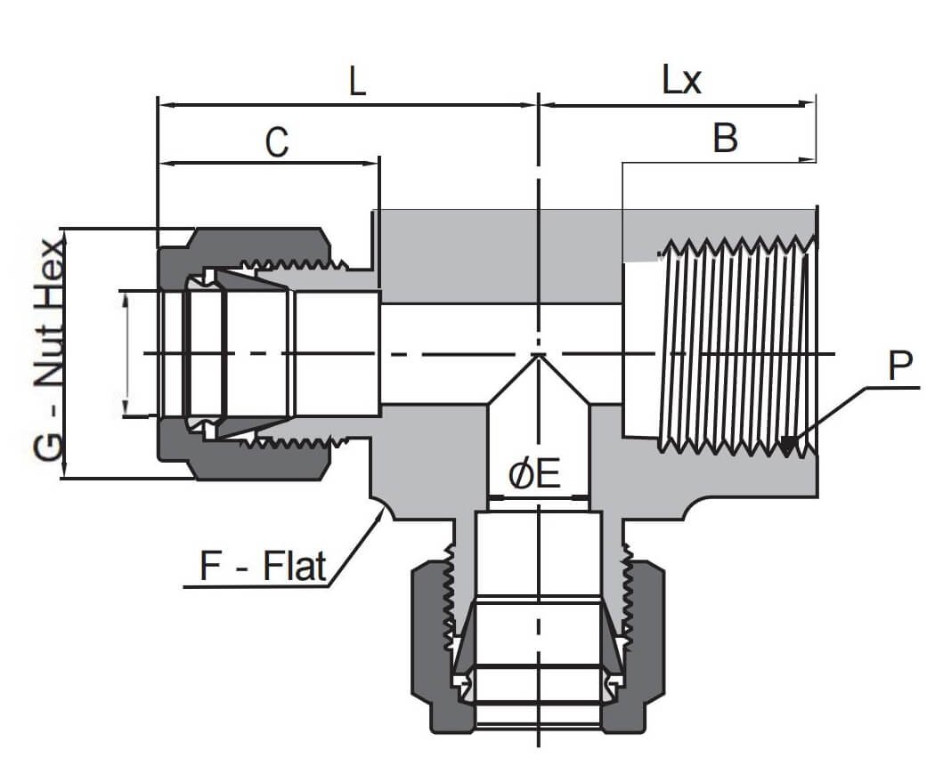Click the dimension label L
356,83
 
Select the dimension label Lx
681,81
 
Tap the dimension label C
277,142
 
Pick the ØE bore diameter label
534,475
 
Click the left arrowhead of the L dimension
161,105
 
